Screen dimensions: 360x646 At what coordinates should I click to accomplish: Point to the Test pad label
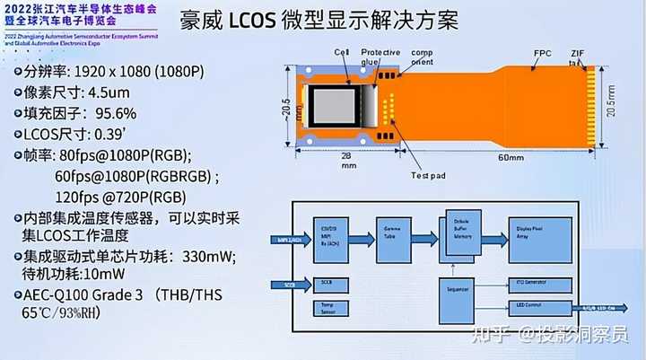[x=426, y=174]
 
